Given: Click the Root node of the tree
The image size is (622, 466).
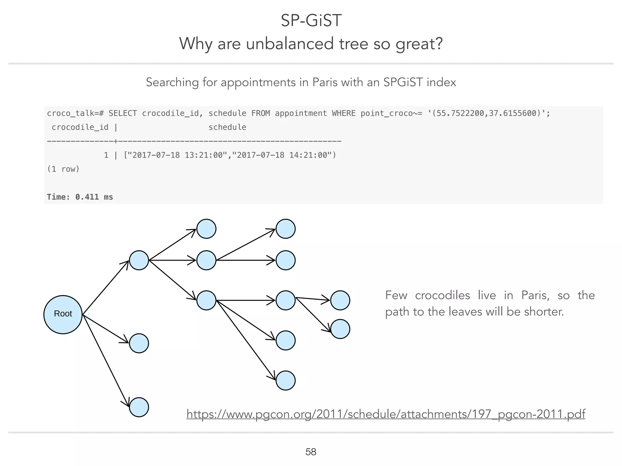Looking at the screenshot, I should tap(63, 314).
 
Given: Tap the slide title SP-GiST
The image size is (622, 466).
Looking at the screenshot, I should tap(311, 21).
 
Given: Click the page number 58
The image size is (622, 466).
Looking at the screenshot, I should tap(311, 452).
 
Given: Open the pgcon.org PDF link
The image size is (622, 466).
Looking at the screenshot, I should tap(386, 414).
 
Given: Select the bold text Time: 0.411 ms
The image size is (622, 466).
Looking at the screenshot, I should tap(80, 197).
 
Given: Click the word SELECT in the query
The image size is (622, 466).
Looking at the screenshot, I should tap(123, 113).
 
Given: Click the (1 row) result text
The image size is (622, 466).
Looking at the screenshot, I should tap(63, 169).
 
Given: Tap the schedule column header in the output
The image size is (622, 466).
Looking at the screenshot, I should tap(227, 127).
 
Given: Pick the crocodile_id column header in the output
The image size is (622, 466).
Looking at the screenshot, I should tap(80, 127).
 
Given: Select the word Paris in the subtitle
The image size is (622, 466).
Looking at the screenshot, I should tap(325, 82).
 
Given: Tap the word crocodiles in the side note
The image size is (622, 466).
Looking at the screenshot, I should tap(442, 295).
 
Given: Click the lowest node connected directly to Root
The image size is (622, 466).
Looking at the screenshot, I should tap(139, 407).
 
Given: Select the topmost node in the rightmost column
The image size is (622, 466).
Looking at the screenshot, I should tap(340, 300).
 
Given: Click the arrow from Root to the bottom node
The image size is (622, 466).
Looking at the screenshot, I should tap(106, 361).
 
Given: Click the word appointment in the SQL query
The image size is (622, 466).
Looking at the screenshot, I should tap(301, 113).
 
